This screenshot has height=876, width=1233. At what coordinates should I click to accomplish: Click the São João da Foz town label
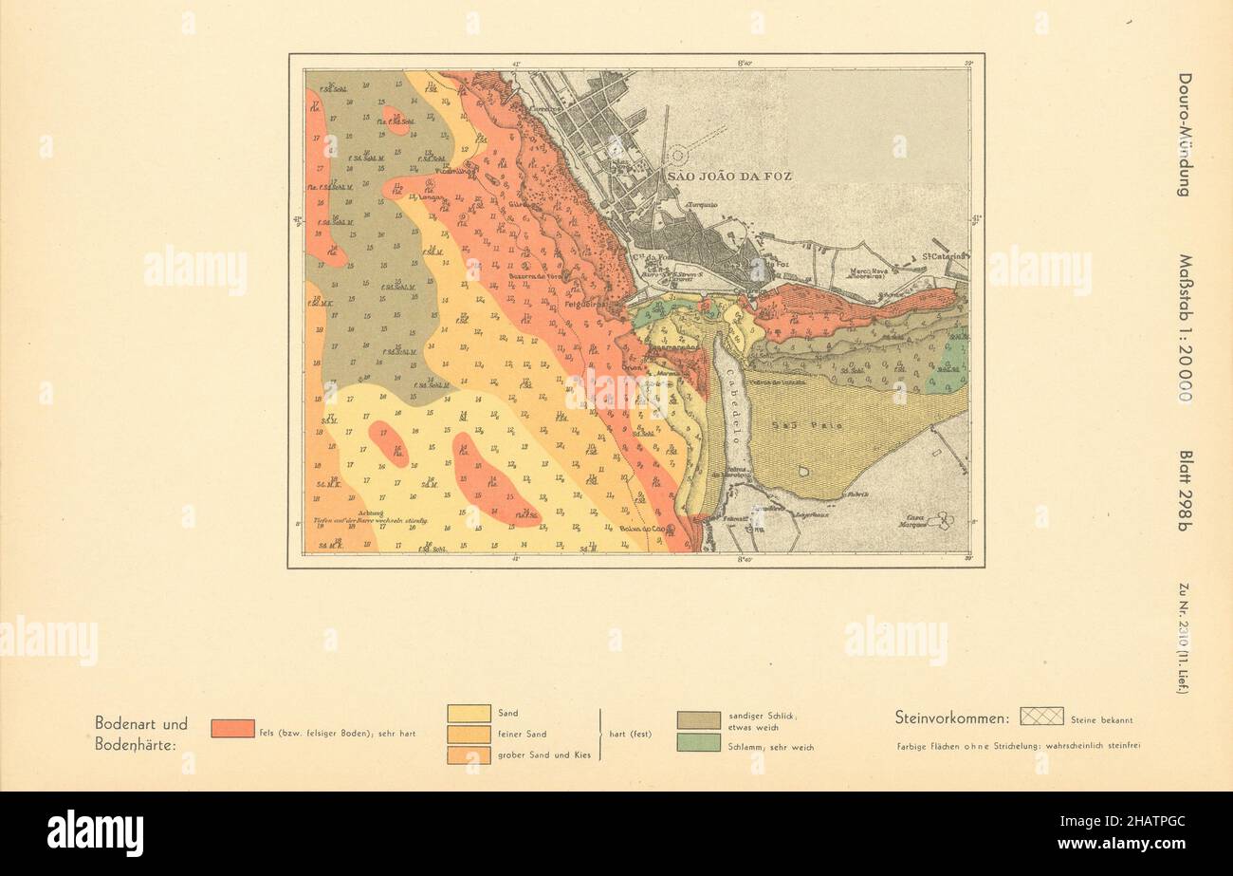[x=727, y=177]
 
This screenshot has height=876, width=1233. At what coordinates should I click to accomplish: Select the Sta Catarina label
[x=944, y=255]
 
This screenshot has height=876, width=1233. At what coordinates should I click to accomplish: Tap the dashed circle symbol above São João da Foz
[x=677, y=157]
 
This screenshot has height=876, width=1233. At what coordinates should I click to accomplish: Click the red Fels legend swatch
[x=232, y=728]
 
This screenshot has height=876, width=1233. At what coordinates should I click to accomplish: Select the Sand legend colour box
[x=469, y=714]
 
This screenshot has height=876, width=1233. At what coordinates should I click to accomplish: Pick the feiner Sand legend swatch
[x=469, y=735]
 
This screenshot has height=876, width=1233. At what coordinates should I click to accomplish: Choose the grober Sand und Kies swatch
[x=469, y=755]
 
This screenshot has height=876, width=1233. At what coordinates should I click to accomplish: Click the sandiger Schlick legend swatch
[x=698, y=719]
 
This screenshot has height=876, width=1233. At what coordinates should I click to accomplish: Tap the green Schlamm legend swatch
[x=698, y=743]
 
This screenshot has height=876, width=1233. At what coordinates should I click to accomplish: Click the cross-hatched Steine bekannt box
[x=1041, y=717]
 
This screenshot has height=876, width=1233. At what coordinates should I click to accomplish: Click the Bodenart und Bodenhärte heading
[x=141, y=734]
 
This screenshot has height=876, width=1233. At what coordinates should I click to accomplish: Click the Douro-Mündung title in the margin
[x=1185, y=135]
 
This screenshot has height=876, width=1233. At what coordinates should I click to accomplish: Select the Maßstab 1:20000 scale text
[x=1185, y=327]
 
